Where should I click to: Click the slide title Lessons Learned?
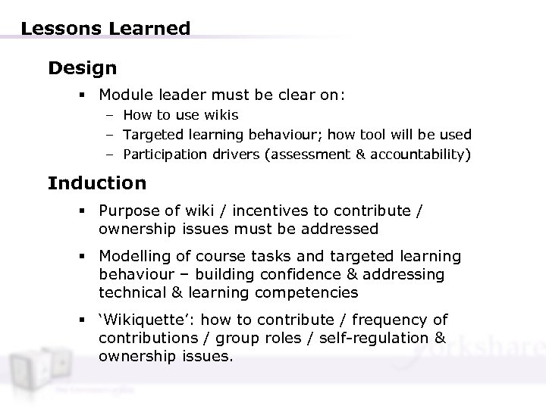tap(105, 30)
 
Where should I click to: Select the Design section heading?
tap(82, 69)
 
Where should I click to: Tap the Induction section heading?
tap(96, 183)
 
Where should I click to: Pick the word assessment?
tap(328, 155)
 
